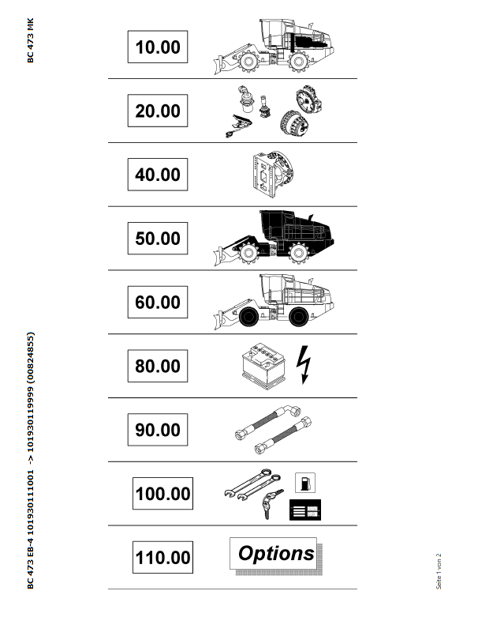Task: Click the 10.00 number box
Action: (x=157, y=47)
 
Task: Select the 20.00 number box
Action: (x=157, y=111)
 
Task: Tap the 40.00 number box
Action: (x=157, y=175)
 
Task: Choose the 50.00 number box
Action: (x=157, y=238)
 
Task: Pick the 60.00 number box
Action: (x=157, y=302)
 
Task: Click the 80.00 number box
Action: (x=157, y=366)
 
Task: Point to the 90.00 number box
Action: (x=157, y=429)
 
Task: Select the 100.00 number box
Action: (x=162, y=493)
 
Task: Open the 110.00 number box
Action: (x=162, y=557)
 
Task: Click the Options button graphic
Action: (x=275, y=555)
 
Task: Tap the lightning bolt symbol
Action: (x=304, y=365)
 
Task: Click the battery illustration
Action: (x=263, y=366)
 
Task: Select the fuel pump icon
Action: (x=305, y=483)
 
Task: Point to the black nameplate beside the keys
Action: (x=305, y=510)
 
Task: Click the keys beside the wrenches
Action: (x=271, y=503)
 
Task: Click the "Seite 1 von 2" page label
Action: (x=439, y=571)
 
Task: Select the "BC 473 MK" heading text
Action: (x=31, y=40)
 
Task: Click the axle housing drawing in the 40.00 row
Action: (x=273, y=175)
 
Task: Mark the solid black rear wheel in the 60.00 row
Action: (x=298, y=316)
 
